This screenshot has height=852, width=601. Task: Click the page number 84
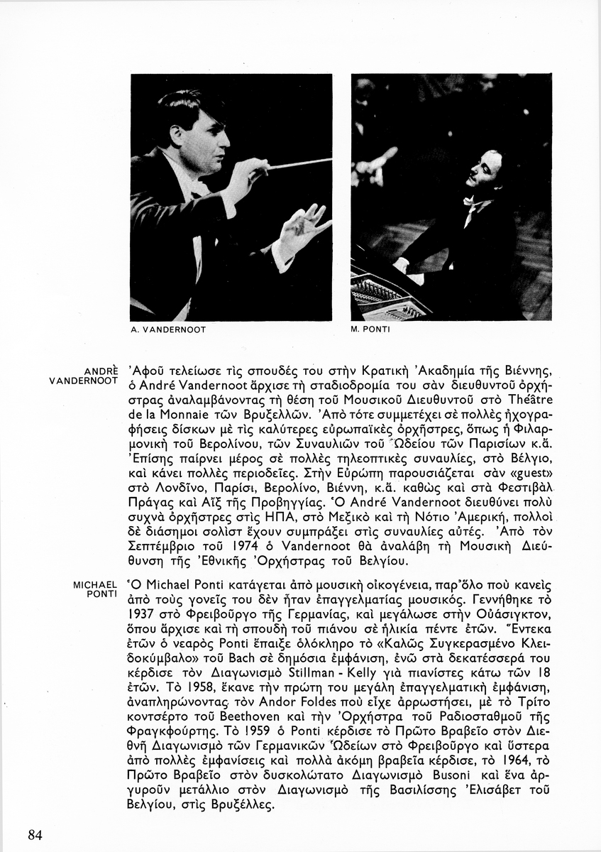point(35,835)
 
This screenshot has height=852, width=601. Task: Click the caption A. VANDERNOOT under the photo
point(169,330)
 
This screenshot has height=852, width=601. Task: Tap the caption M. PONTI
point(371,330)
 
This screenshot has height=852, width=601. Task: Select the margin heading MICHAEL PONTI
point(95,589)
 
